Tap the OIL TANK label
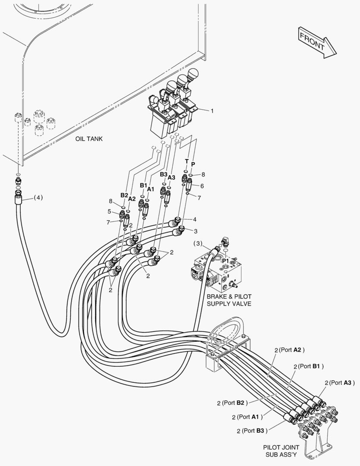click(89, 139)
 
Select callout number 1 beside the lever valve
click(212, 111)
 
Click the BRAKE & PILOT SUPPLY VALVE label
click(229, 300)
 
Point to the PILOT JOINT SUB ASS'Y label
click(281, 451)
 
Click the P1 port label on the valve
click(225, 261)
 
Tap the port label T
click(187, 161)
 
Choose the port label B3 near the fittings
click(164, 174)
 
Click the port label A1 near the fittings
click(150, 189)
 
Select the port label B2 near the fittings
click(124, 195)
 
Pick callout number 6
click(202, 186)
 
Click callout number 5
click(110, 211)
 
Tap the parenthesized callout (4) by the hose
click(38, 197)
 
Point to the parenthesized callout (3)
click(198, 243)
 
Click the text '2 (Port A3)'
click(340, 383)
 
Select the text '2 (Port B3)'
click(252, 431)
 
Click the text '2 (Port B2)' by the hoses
click(232, 403)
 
